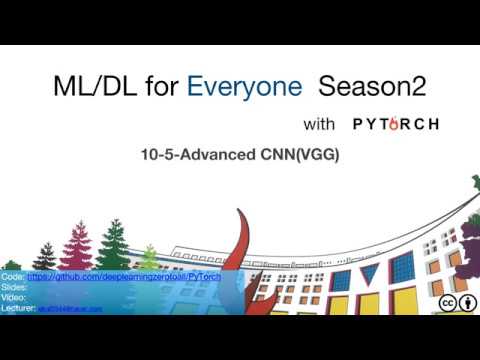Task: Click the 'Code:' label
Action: point(14,276)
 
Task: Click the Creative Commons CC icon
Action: point(444,303)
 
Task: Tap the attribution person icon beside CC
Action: point(465,303)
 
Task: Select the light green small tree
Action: point(148,258)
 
